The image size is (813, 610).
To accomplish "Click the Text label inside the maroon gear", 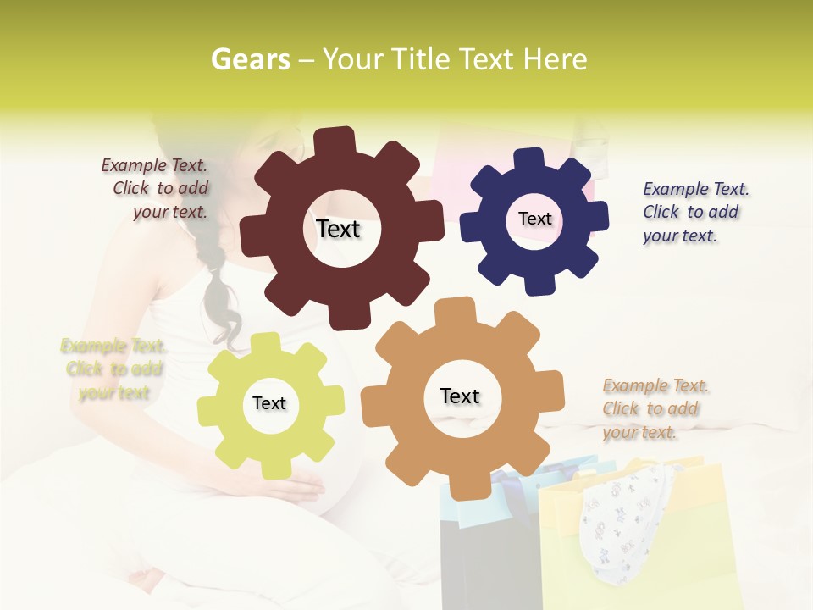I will pos(338,229).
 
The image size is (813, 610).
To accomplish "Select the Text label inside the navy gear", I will pos(534,219).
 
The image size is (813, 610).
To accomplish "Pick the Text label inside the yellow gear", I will pos(269,403).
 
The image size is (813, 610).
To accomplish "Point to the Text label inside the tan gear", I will pos(460,396).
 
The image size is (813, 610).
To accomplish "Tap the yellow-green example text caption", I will pos(113,369).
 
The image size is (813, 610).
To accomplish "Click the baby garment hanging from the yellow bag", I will pos(627,517).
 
